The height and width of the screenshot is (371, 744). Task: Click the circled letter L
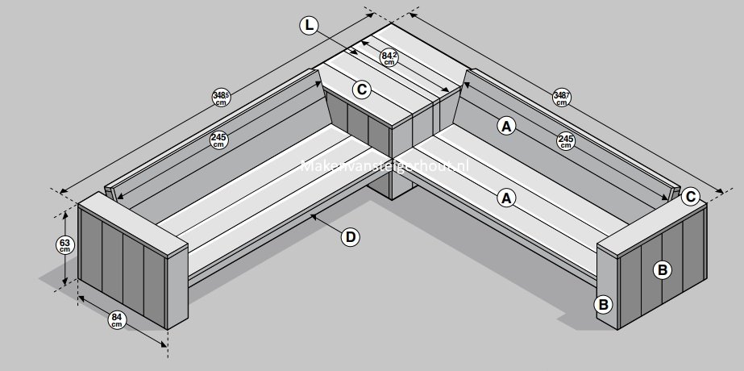pyautogui.click(x=309, y=25)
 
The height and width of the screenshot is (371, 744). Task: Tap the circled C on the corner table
pyautogui.click(x=362, y=89)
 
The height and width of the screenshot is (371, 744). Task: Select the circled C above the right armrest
pyautogui.click(x=690, y=196)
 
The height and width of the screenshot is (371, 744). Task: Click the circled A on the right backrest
pyautogui.click(x=506, y=125)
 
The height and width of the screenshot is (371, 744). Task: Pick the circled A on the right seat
pyautogui.click(x=506, y=196)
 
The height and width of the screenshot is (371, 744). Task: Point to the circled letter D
pyautogui.click(x=350, y=236)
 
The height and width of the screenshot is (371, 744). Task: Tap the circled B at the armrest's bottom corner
pyautogui.click(x=603, y=304)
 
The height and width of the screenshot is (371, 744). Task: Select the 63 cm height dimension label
pyautogui.click(x=64, y=244)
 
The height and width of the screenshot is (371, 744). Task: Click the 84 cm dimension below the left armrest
pyautogui.click(x=118, y=320)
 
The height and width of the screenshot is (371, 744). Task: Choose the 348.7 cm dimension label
pyautogui.click(x=562, y=98)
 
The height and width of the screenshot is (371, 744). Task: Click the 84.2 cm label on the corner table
pyautogui.click(x=390, y=56)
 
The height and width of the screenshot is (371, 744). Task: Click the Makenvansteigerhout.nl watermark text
pyautogui.click(x=384, y=167)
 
